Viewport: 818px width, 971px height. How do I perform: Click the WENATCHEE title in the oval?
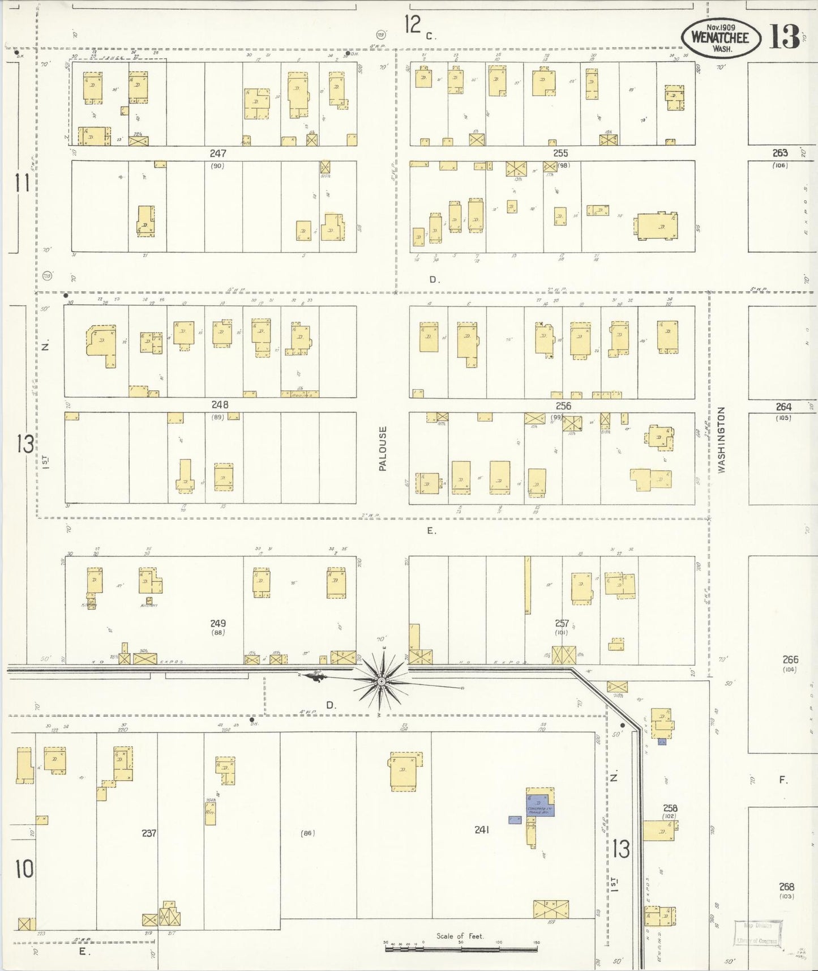click(x=720, y=38)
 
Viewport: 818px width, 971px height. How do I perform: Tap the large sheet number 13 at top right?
click(x=784, y=37)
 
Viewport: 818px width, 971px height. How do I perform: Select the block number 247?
click(x=218, y=154)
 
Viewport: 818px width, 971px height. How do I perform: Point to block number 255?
click(x=560, y=154)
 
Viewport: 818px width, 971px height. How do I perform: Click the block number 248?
click(x=220, y=405)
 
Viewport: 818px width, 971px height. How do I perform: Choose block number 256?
click(x=563, y=406)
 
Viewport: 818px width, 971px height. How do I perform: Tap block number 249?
click(x=218, y=624)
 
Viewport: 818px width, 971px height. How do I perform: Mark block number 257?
click(x=562, y=623)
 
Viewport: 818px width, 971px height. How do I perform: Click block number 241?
click(x=482, y=830)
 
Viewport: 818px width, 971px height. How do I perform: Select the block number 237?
click(x=149, y=833)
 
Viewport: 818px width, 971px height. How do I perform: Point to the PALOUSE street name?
click(x=383, y=449)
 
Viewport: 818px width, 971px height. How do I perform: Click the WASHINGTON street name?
click(x=721, y=440)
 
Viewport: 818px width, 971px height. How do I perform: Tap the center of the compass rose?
click(x=382, y=680)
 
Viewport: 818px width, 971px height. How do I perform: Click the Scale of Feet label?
click(x=460, y=936)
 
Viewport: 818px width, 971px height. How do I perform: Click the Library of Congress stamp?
click(x=758, y=934)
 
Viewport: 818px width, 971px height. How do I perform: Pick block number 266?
click(x=790, y=659)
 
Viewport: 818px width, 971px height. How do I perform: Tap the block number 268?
click(x=786, y=887)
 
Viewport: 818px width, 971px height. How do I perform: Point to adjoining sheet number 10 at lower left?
click(x=24, y=869)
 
